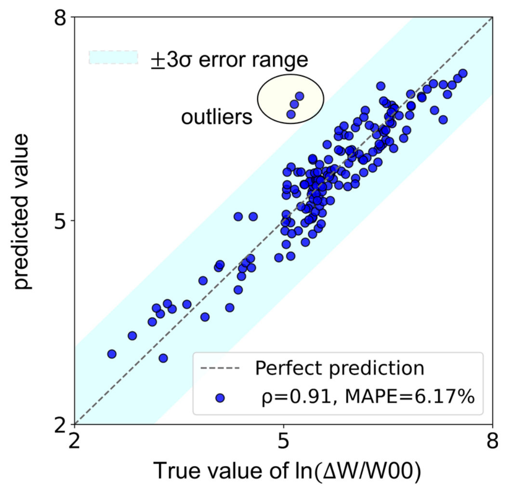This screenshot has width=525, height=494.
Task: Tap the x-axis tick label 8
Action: [x=492, y=441]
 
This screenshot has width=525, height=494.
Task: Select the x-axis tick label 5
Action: [x=284, y=441]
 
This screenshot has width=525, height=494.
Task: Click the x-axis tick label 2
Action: [x=75, y=441]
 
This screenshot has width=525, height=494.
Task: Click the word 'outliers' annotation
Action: [x=217, y=117]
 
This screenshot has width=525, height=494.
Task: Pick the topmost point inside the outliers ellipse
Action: [x=299, y=96]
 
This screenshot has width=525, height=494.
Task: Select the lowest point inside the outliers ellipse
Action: [x=291, y=114]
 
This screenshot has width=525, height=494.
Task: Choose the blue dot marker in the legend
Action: [x=220, y=398]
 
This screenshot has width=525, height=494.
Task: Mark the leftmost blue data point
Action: [x=112, y=354]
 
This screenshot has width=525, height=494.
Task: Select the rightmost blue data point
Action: [x=463, y=73]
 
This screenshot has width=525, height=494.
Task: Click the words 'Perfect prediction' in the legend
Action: [x=340, y=369]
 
